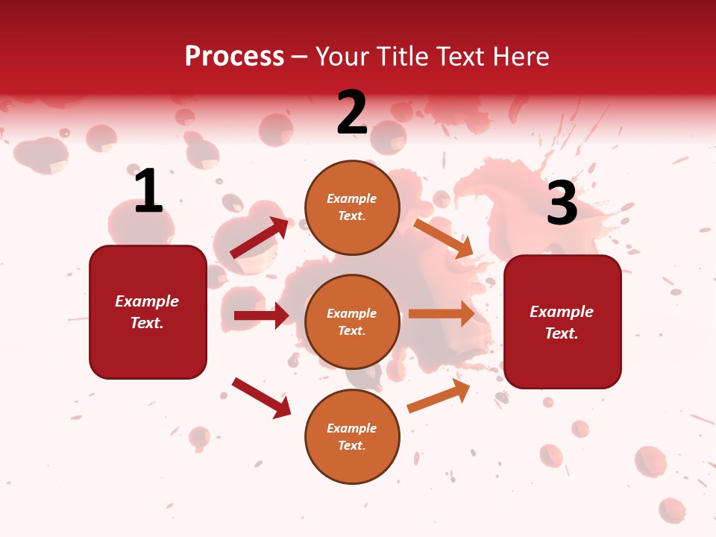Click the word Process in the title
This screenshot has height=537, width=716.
[x=234, y=57]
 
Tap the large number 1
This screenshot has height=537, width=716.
[x=148, y=192]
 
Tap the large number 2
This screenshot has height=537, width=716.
[x=352, y=113]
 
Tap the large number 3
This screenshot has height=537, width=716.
[x=562, y=203]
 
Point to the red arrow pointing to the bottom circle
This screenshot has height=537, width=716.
[x=261, y=398]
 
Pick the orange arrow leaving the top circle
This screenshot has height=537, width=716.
[x=444, y=239]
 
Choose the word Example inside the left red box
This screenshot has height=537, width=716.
[x=147, y=301]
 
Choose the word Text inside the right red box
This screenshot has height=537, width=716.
[x=562, y=333]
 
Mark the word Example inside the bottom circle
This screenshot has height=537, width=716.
[x=352, y=428]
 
